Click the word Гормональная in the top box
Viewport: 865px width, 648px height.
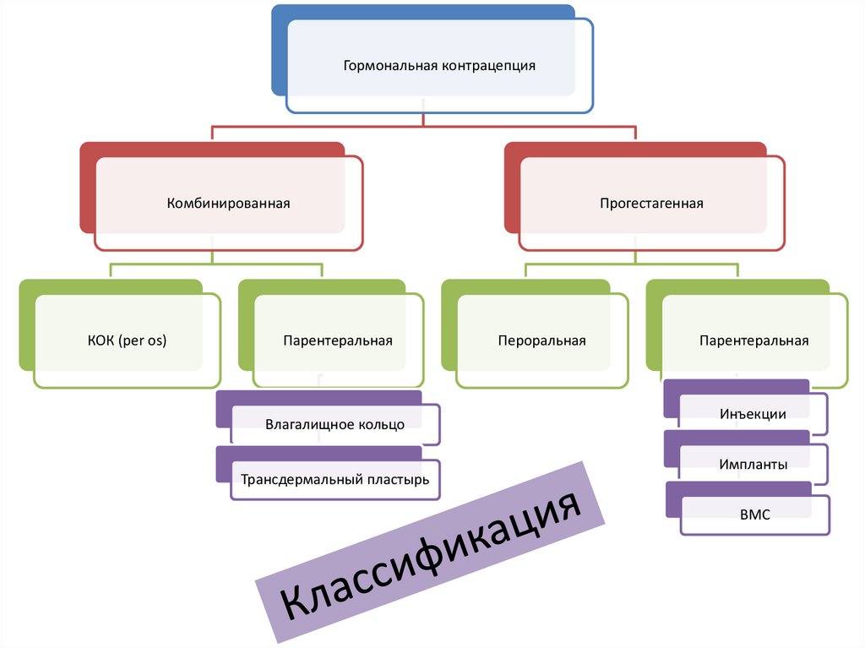389,65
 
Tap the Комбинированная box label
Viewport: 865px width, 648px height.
228,203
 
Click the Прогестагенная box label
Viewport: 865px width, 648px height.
651,203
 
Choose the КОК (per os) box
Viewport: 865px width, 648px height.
127,340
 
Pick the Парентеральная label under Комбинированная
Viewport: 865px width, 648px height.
337,340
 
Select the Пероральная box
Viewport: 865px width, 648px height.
541,340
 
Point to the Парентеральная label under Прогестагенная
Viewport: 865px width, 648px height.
753,340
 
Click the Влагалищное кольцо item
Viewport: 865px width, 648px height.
335,424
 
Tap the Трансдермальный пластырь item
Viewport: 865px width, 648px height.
335,479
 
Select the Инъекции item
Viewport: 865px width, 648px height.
753,414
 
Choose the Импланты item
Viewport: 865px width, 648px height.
753,464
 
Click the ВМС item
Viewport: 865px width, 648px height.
753,514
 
